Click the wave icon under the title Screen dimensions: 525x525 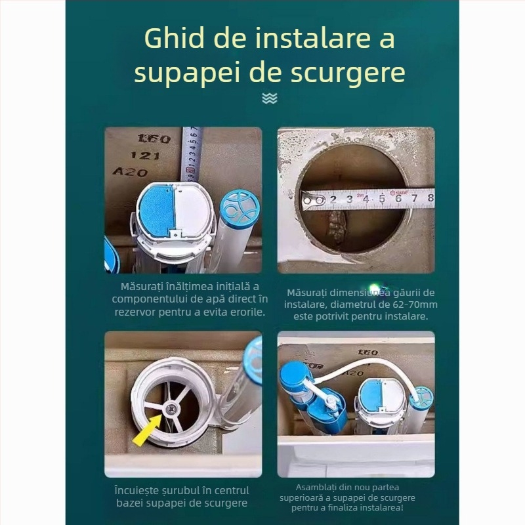(269, 98)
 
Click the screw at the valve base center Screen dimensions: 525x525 (170, 408)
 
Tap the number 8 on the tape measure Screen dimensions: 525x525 (429, 197)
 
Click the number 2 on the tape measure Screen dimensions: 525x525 (333, 199)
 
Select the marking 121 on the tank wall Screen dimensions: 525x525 (145, 156)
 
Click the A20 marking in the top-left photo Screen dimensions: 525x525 (130, 172)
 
